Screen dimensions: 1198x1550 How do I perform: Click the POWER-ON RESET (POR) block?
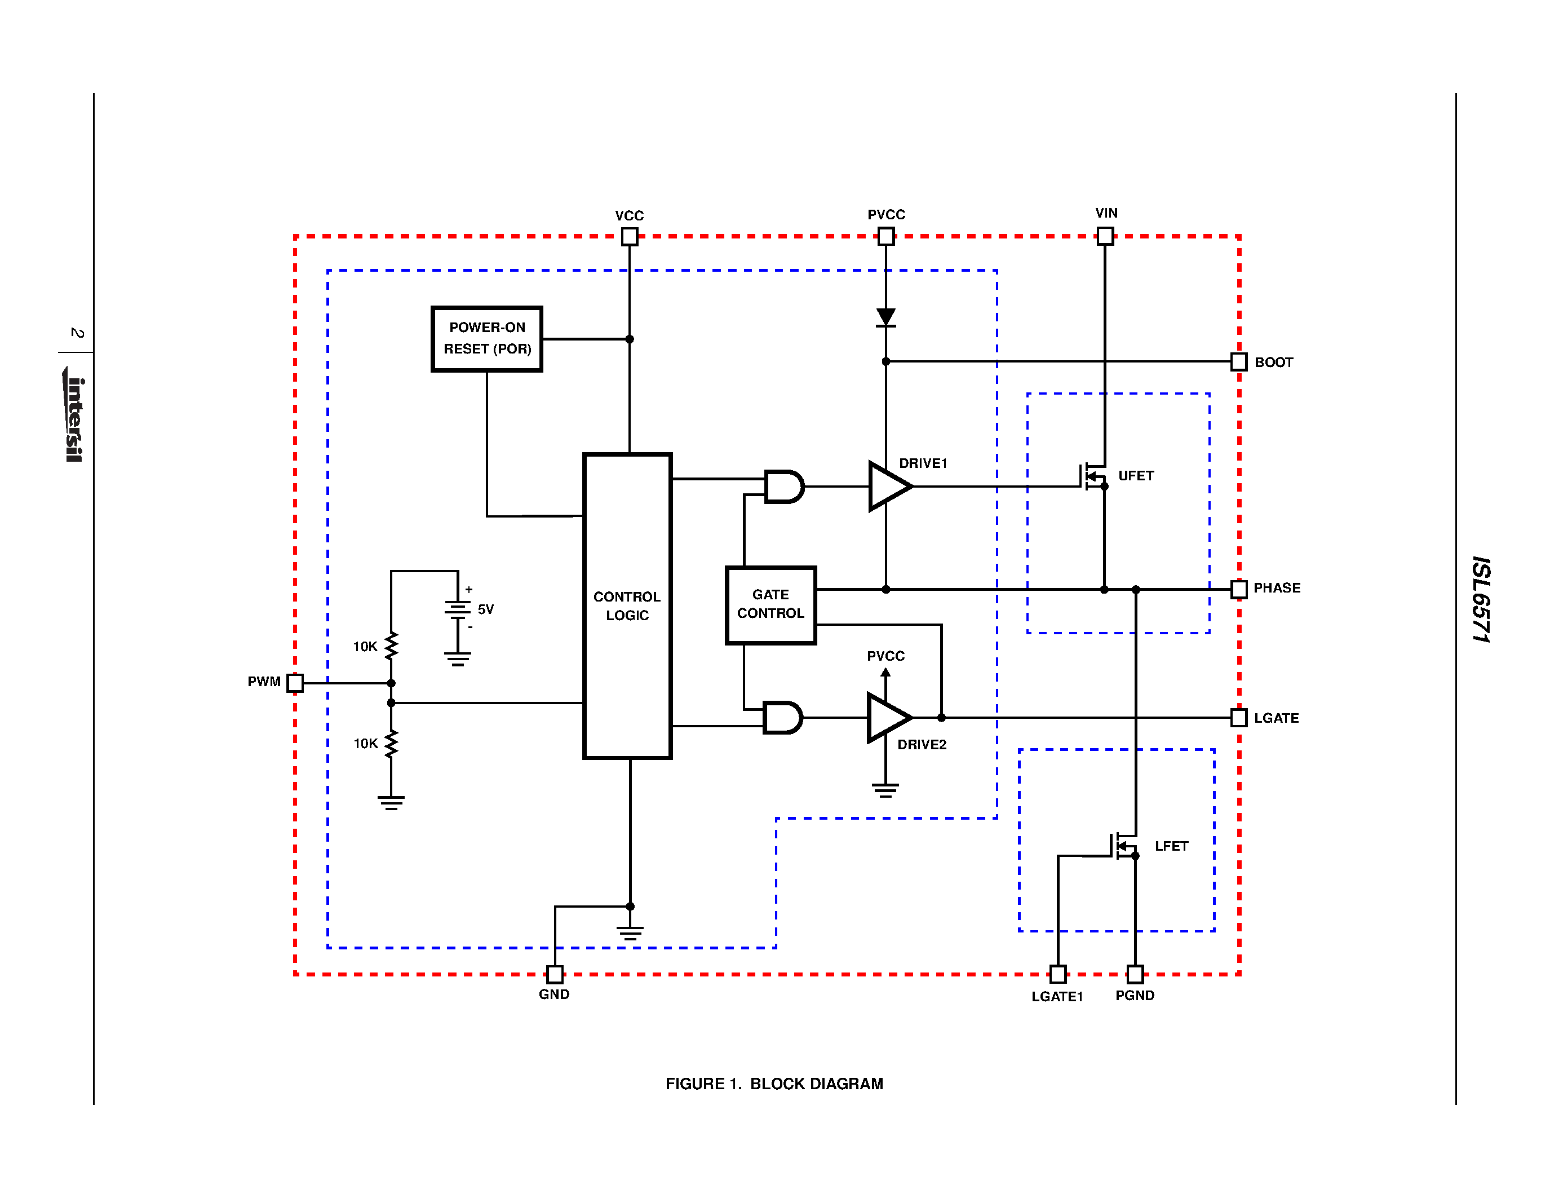click(487, 338)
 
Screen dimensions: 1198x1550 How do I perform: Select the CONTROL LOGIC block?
click(627, 605)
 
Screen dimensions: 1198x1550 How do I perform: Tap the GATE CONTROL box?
click(770, 605)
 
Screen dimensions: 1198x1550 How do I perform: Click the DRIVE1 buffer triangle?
click(887, 486)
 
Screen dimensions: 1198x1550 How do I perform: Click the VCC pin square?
click(630, 236)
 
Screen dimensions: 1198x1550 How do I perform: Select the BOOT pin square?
click(1238, 362)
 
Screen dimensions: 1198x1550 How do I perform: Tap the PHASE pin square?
click(1238, 589)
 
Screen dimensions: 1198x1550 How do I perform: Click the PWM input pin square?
click(295, 683)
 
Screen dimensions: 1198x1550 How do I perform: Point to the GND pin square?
click(555, 974)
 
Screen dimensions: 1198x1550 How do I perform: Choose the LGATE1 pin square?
click(1057, 974)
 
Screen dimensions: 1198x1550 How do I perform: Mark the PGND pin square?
click(1135, 974)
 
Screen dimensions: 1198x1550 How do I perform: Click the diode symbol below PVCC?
click(885, 317)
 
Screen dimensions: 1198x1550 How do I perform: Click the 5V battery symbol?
click(458, 609)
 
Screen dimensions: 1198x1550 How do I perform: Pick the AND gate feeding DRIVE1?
click(783, 486)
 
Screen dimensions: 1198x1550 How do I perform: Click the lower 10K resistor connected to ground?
click(391, 744)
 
